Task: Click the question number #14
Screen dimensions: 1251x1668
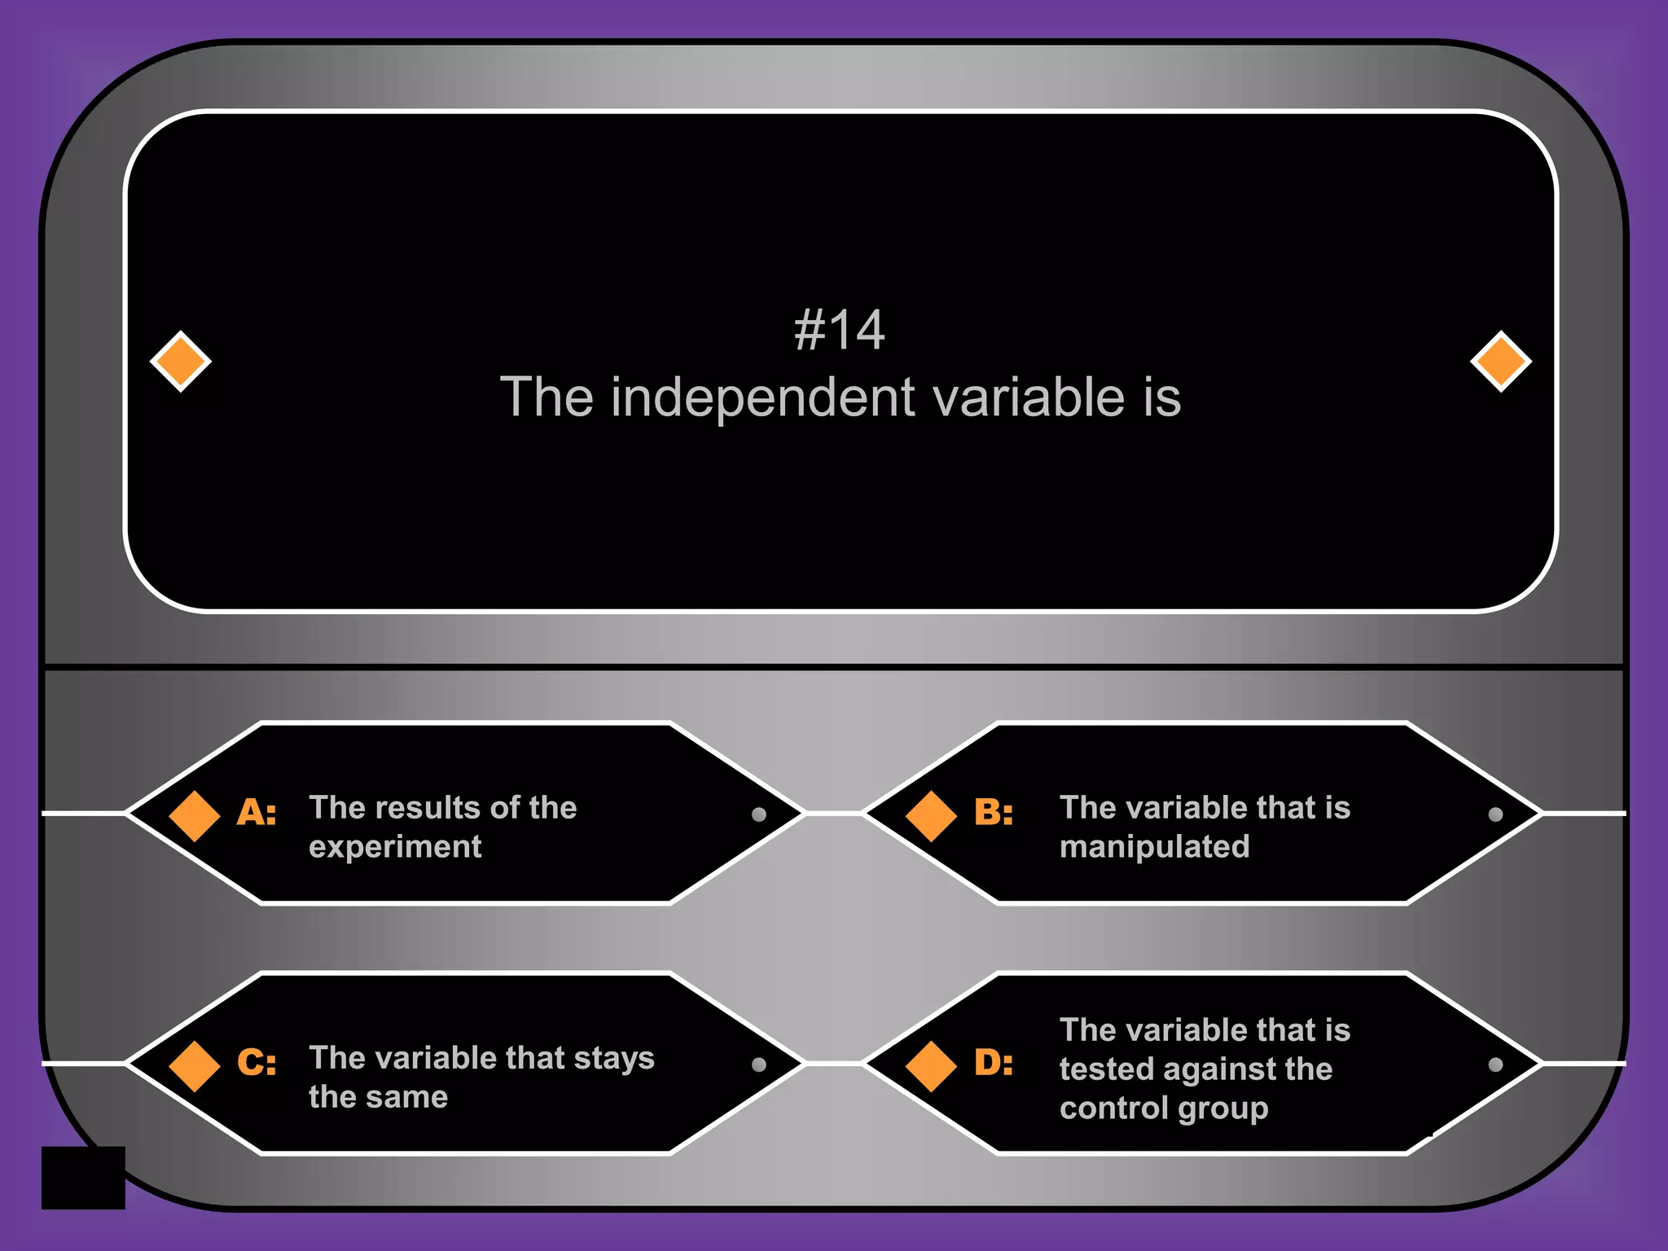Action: (839, 331)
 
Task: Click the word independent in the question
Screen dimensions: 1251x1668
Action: (763, 398)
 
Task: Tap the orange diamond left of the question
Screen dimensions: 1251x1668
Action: (181, 361)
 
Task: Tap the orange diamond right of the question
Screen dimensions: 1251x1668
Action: (1500, 361)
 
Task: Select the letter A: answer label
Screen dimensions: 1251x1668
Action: (257, 813)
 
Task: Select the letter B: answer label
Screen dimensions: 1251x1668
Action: (994, 813)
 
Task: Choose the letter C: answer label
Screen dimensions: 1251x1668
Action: (257, 1063)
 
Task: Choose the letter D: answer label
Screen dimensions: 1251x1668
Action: (994, 1063)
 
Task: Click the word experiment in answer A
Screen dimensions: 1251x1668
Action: (395, 848)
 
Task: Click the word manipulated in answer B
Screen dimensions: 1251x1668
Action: (1154, 847)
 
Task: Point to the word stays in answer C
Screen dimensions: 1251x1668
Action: (613, 1058)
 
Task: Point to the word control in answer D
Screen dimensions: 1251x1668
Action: (1112, 1108)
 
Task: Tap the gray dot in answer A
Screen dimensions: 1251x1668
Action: (759, 814)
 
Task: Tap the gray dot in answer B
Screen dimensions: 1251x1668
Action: (1495, 814)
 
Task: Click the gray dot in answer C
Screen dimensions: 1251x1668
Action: (759, 1064)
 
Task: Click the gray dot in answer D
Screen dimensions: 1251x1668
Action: (1495, 1064)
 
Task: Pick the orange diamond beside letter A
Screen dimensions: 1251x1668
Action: (195, 815)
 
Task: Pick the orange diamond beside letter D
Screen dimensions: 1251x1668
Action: (931, 1065)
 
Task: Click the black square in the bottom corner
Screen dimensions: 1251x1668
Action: (83, 1178)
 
